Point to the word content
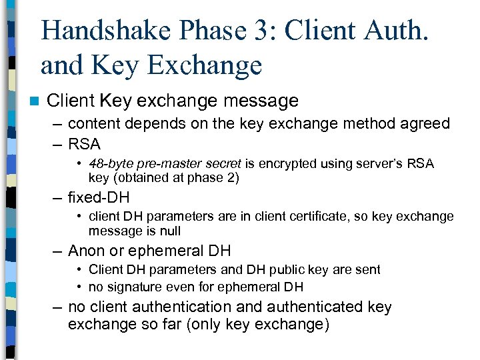coord(93,124)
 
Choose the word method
coord(377,124)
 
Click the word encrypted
coord(292,165)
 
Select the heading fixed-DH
coord(99,198)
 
